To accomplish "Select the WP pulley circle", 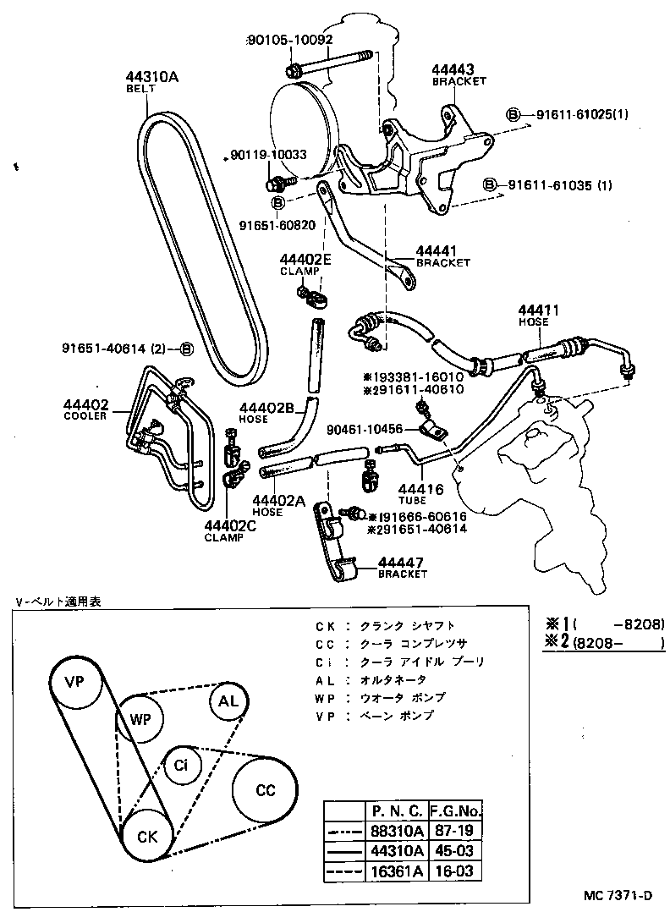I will point(140,719).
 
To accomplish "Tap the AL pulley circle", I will point(228,702).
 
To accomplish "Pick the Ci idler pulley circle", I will point(181,766).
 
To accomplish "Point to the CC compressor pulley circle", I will point(265,790).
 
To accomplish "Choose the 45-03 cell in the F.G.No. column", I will point(456,851).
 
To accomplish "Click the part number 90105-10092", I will point(289,40).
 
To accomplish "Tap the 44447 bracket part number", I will point(402,563).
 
